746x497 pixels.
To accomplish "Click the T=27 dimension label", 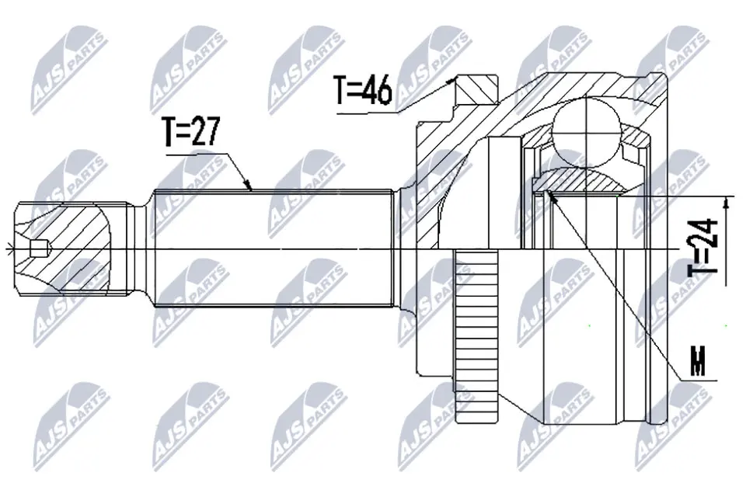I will click(190, 132).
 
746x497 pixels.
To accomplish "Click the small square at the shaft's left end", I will click(36, 249).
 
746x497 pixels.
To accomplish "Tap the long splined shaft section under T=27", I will click(272, 248).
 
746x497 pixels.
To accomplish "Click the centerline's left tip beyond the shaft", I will click(6, 249).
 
